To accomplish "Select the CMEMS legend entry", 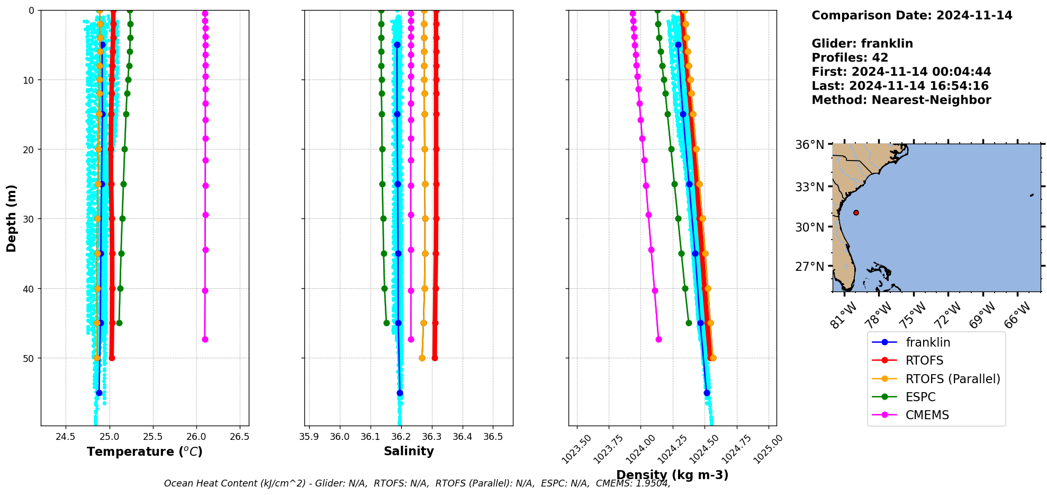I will pyautogui.click(x=927, y=415).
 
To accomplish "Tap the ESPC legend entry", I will pyautogui.click(x=920, y=397).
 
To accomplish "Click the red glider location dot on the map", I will pyautogui.click(x=856, y=213).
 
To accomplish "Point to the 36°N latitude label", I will pyautogui.click(x=809, y=145).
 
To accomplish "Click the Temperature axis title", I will pyautogui.click(x=145, y=452).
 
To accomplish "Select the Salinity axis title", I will pyautogui.click(x=409, y=451).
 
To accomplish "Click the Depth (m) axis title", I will pyautogui.click(x=12, y=218).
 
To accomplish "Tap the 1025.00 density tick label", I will pyautogui.click(x=768, y=449).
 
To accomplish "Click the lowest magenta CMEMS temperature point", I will pyautogui.click(x=205, y=339).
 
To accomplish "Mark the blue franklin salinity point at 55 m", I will pyautogui.click(x=400, y=393).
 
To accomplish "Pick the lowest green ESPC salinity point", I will pyautogui.click(x=386, y=323).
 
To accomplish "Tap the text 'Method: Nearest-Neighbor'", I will pyautogui.click(x=901, y=100).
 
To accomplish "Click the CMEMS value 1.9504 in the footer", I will pyautogui.click(x=654, y=483).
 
